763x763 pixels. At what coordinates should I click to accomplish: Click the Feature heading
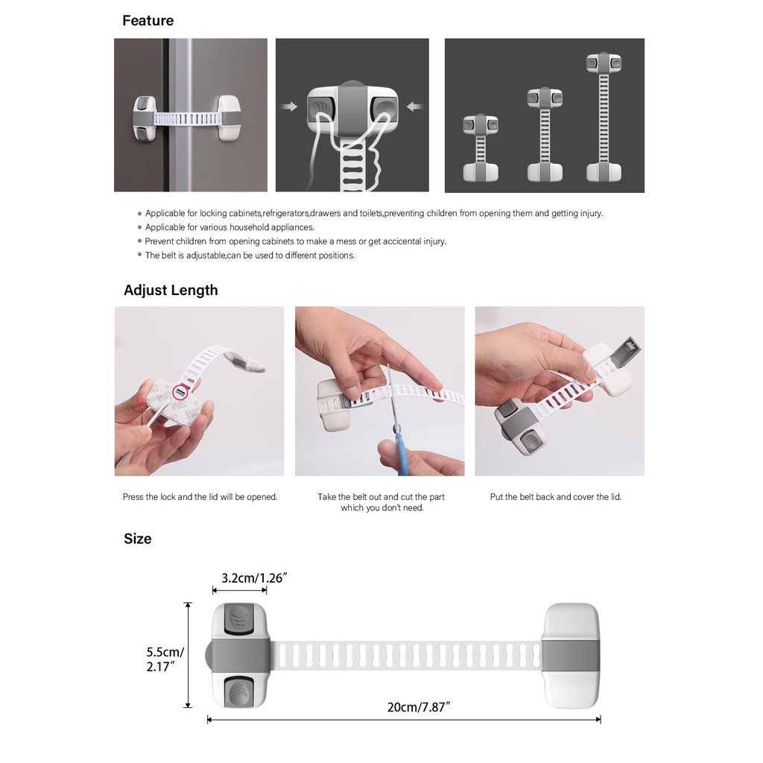[x=148, y=20]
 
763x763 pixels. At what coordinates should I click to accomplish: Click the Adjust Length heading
[x=171, y=290]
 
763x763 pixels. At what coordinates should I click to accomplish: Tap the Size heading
[x=137, y=538]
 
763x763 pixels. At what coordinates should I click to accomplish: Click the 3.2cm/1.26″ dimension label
[x=255, y=577]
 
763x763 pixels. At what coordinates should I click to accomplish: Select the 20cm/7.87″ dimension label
[x=419, y=707]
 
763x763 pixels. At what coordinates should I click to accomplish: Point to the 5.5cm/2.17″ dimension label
[x=165, y=658]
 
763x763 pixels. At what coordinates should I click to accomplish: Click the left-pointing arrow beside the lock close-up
[x=415, y=107]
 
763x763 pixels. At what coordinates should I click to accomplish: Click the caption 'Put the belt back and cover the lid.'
[x=555, y=496]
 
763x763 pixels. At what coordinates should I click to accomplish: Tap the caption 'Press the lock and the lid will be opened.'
[x=200, y=496]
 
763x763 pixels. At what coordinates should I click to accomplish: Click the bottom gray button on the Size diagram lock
[x=239, y=691]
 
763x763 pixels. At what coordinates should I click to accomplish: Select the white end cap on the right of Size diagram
[x=572, y=656]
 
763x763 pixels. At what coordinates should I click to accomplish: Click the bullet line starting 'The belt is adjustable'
[x=250, y=255]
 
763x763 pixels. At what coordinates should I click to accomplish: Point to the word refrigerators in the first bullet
[x=285, y=213]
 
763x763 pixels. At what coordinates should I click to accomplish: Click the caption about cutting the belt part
[x=381, y=502]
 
